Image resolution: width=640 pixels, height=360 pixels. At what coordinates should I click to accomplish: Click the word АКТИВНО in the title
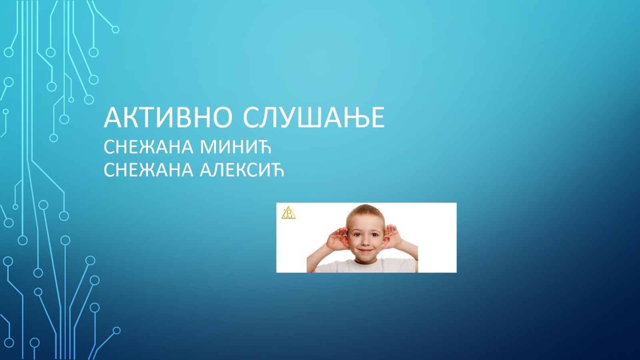168,118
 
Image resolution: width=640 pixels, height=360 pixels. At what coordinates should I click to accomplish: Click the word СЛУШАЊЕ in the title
314,118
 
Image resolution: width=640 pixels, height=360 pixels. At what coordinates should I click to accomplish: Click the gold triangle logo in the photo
288,213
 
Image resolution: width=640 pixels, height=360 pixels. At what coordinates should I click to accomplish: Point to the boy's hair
365,213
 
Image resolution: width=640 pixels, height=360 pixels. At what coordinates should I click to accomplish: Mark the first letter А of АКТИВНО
112,118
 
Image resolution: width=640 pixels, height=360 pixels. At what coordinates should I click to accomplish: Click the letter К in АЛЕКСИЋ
245,170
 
